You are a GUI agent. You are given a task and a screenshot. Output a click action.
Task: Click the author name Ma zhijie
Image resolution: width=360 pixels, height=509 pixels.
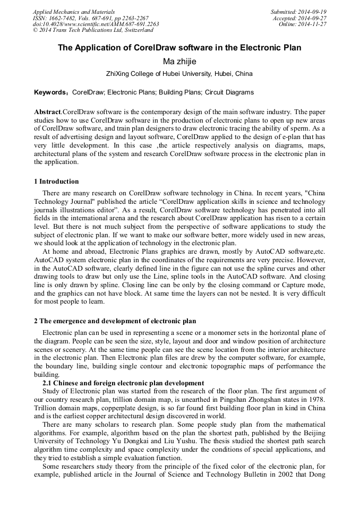tap(179, 62)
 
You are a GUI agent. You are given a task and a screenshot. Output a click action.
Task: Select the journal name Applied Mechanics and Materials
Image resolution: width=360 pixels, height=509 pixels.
tap(73, 12)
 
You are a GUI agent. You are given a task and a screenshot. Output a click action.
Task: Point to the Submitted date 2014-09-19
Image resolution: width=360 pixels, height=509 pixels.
tap(312, 12)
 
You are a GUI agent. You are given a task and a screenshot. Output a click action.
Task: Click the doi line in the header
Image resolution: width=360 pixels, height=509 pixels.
tap(96, 24)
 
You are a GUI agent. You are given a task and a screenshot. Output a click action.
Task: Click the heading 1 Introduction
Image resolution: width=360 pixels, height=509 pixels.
tap(56, 182)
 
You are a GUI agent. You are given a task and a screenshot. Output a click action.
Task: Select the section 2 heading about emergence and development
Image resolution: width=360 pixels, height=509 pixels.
tap(115, 321)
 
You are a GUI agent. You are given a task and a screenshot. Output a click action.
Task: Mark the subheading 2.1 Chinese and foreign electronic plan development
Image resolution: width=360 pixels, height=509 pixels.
tap(123, 383)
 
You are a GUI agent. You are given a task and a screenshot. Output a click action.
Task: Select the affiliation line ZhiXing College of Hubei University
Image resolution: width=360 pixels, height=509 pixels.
tap(179, 74)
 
